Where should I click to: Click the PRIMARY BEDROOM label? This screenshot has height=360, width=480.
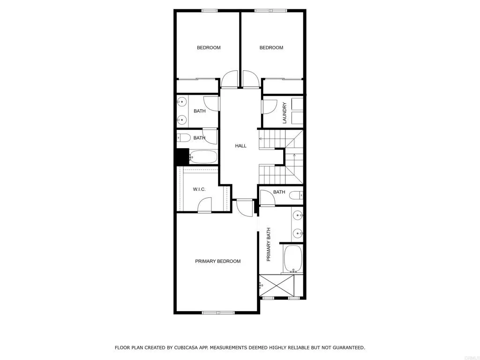click(217, 261)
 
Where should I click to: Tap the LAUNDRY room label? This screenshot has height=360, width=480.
click(284, 112)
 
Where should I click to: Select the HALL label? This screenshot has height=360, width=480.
click(240, 146)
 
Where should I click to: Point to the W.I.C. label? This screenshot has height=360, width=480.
click(199, 189)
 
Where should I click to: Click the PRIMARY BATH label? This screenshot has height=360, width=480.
click(269, 244)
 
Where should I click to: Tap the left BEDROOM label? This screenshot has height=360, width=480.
click(208, 47)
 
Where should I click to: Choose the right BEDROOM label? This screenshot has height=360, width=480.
click(271, 47)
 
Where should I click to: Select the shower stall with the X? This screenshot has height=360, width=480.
click(277, 285)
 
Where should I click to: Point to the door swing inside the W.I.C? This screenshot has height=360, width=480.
click(204, 205)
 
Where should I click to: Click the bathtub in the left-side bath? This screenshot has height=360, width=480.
click(203, 157)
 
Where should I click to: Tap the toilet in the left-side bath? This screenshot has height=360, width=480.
click(183, 138)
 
